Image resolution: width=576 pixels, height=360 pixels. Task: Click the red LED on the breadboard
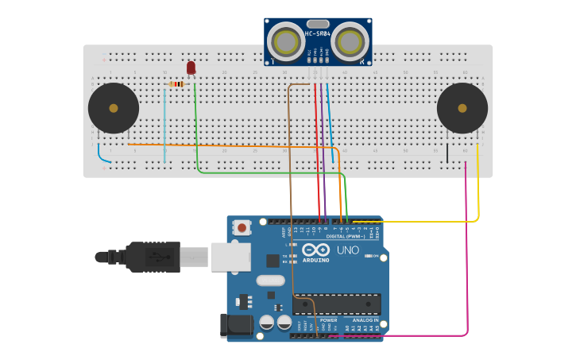pos(191,68)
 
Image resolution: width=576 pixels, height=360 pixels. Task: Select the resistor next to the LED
pos(176,83)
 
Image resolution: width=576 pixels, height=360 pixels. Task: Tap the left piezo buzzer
pos(113,108)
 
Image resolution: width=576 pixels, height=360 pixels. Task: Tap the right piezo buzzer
pos(462,108)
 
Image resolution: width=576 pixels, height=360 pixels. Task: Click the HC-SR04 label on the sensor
pos(318,33)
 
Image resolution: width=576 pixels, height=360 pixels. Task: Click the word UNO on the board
pos(348,250)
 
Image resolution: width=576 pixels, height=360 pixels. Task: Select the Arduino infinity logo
pos(315,250)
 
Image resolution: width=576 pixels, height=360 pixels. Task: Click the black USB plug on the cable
pos(151,257)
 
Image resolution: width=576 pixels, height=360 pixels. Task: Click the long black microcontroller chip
pos(337,304)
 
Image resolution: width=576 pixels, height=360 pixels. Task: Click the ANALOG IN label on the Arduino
pos(365,319)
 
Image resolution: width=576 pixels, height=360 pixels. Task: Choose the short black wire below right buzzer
pos(447,153)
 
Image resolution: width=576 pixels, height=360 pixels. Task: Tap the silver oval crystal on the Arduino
pos(270,280)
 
